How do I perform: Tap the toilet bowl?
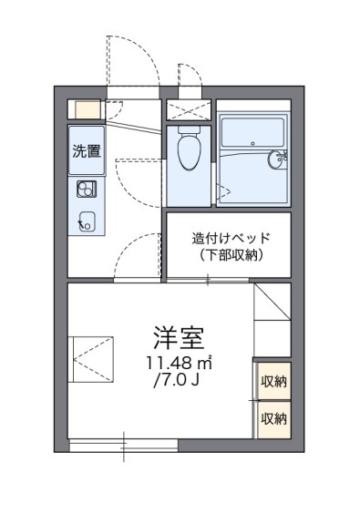pyautogui.click(x=190, y=151)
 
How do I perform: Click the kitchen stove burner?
pyautogui.click(x=87, y=190)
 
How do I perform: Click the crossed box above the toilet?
pyautogui.click(x=190, y=110)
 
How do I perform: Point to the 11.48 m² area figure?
pyautogui.click(x=178, y=364)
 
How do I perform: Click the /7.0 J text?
pyautogui.click(x=178, y=380)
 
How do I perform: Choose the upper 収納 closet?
pyautogui.click(x=273, y=382)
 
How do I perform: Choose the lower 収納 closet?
pyautogui.click(x=273, y=418)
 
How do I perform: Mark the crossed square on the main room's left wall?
pyautogui.click(x=92, y=355)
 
